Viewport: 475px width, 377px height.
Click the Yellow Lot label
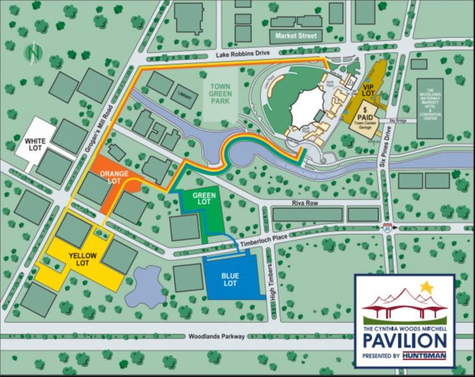click(x=83, y=260)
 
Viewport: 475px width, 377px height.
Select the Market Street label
click(x=296, y=35)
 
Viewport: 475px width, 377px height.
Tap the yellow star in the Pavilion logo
click(x=426, y=288)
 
